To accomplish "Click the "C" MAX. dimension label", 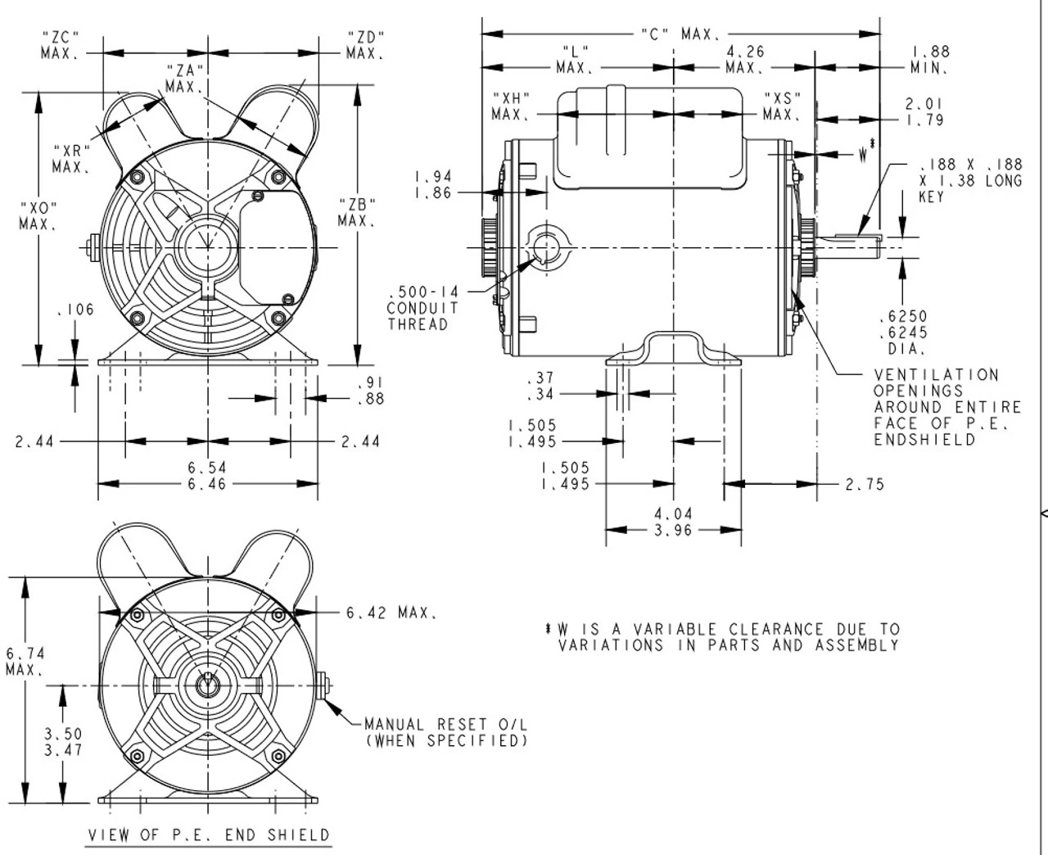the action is click(x=680, y=34).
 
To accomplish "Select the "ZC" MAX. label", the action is click(x=60, y=45).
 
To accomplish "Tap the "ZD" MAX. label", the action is click(x=365, y=45).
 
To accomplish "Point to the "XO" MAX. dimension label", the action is click(x=38, y=215).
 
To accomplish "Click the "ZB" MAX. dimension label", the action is click(x=357, y=212).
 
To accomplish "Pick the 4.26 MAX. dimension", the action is click(x=745, y=59).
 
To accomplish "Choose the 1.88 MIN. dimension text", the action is click(x=930, y=60).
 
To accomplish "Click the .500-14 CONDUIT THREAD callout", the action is click(x=422, y=308).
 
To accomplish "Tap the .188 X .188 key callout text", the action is click(x=970, y=180).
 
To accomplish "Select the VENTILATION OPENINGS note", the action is click(x=947, y=407).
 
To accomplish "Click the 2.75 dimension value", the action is click(x=865, y=484).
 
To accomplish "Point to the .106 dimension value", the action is click(x=75, y=310).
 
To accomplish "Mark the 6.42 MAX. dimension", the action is click(x=391, y=613).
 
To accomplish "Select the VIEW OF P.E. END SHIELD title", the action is click(x=210, y=835).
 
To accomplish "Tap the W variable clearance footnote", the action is click(x=723, y=637).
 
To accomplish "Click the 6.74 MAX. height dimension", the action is click(x=25, y=661).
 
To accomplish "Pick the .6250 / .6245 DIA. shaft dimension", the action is click(x=903, y=332).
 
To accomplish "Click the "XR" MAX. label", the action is click(x=71, y=159).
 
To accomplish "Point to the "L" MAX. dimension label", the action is click(x=576, y=59).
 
